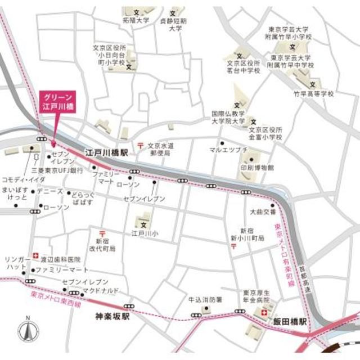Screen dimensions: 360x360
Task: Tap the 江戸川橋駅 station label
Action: [107, 152]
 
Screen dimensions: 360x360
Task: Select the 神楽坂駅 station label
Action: [112, 317]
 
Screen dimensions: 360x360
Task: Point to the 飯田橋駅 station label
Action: [291, 322]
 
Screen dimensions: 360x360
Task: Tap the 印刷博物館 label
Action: [256, 168]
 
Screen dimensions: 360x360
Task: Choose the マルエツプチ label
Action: [228, 150]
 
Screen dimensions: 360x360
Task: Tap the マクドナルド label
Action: [100, 290]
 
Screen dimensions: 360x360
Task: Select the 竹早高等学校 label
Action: [315, 94]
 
